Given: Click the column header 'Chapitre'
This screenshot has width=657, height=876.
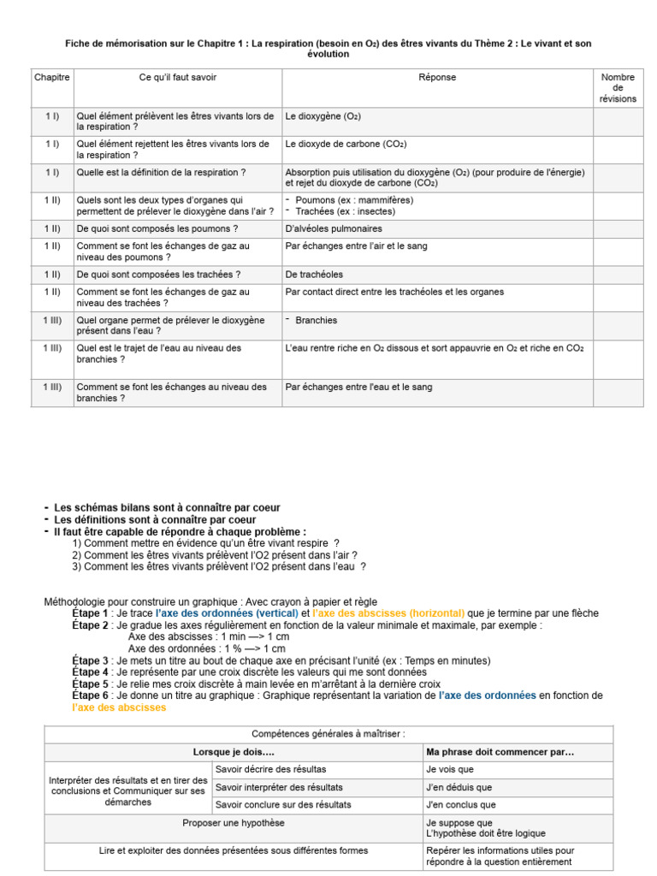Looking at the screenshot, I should (51, 78).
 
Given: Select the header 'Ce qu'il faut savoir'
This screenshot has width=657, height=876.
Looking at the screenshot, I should (178, 78).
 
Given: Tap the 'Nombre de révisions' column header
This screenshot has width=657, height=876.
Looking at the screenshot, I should (618, 88).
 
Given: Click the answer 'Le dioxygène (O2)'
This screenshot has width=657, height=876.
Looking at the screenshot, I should (317, 115).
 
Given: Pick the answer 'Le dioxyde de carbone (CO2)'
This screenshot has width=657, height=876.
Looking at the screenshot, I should (346, 144).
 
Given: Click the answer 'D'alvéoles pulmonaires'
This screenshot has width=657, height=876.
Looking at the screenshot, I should (334, 228).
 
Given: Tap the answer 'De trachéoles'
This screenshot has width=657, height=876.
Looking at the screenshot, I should (314, 275).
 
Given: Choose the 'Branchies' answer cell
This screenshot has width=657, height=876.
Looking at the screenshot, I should (317, 320).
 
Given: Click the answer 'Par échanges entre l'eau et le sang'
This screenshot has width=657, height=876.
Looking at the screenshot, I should (358, 387).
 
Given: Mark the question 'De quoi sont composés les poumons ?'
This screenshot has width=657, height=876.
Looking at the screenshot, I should (157, 228).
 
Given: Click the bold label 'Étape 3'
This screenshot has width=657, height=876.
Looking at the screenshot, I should (90, 661).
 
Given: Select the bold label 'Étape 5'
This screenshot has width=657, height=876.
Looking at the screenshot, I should (90, 684).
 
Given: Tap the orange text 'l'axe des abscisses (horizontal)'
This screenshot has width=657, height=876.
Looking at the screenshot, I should (389, 613).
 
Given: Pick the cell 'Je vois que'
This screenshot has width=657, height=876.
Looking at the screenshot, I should (449, 769).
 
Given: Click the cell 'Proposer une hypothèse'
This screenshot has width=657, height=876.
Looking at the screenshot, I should (234, 823).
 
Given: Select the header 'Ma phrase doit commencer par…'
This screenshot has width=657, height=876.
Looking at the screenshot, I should (500, 752).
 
